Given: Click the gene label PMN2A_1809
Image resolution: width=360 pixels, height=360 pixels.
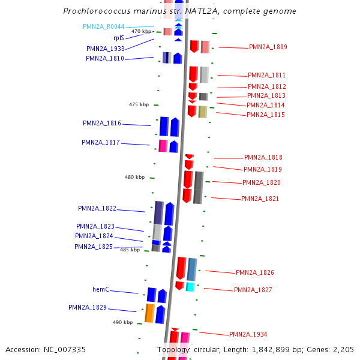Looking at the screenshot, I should point(268,47).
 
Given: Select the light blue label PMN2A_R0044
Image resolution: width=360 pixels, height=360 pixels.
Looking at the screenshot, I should point(103,26).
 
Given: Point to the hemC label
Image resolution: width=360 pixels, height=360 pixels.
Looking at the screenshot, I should point(101,289).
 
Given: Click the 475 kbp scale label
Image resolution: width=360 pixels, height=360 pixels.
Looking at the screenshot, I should point(139,104).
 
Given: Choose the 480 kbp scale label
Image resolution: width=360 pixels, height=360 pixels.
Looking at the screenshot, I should point(134,177).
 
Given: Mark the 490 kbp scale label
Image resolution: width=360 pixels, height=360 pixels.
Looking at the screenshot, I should point(122,322).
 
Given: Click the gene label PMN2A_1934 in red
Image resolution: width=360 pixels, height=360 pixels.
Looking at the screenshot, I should point(248,334).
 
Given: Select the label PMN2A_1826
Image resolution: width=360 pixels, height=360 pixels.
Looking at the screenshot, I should point(254,272).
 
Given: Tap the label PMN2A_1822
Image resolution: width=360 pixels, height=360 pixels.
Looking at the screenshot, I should point(97,208).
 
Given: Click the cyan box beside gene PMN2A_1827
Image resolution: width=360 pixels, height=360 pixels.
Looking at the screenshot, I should point(190,287).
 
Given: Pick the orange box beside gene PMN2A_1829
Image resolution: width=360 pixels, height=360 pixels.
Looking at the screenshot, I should point(149,313).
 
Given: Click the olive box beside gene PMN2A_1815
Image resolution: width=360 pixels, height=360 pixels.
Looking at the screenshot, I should point(203,112).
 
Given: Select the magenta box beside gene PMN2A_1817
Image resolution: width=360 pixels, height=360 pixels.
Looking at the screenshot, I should point(163,145).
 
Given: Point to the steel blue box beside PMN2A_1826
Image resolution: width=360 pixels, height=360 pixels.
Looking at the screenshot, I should point(192,269).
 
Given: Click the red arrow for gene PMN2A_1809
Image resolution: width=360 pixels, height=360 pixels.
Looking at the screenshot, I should point(194,46).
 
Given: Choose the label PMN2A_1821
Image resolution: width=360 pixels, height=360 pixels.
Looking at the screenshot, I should point(260,199).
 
